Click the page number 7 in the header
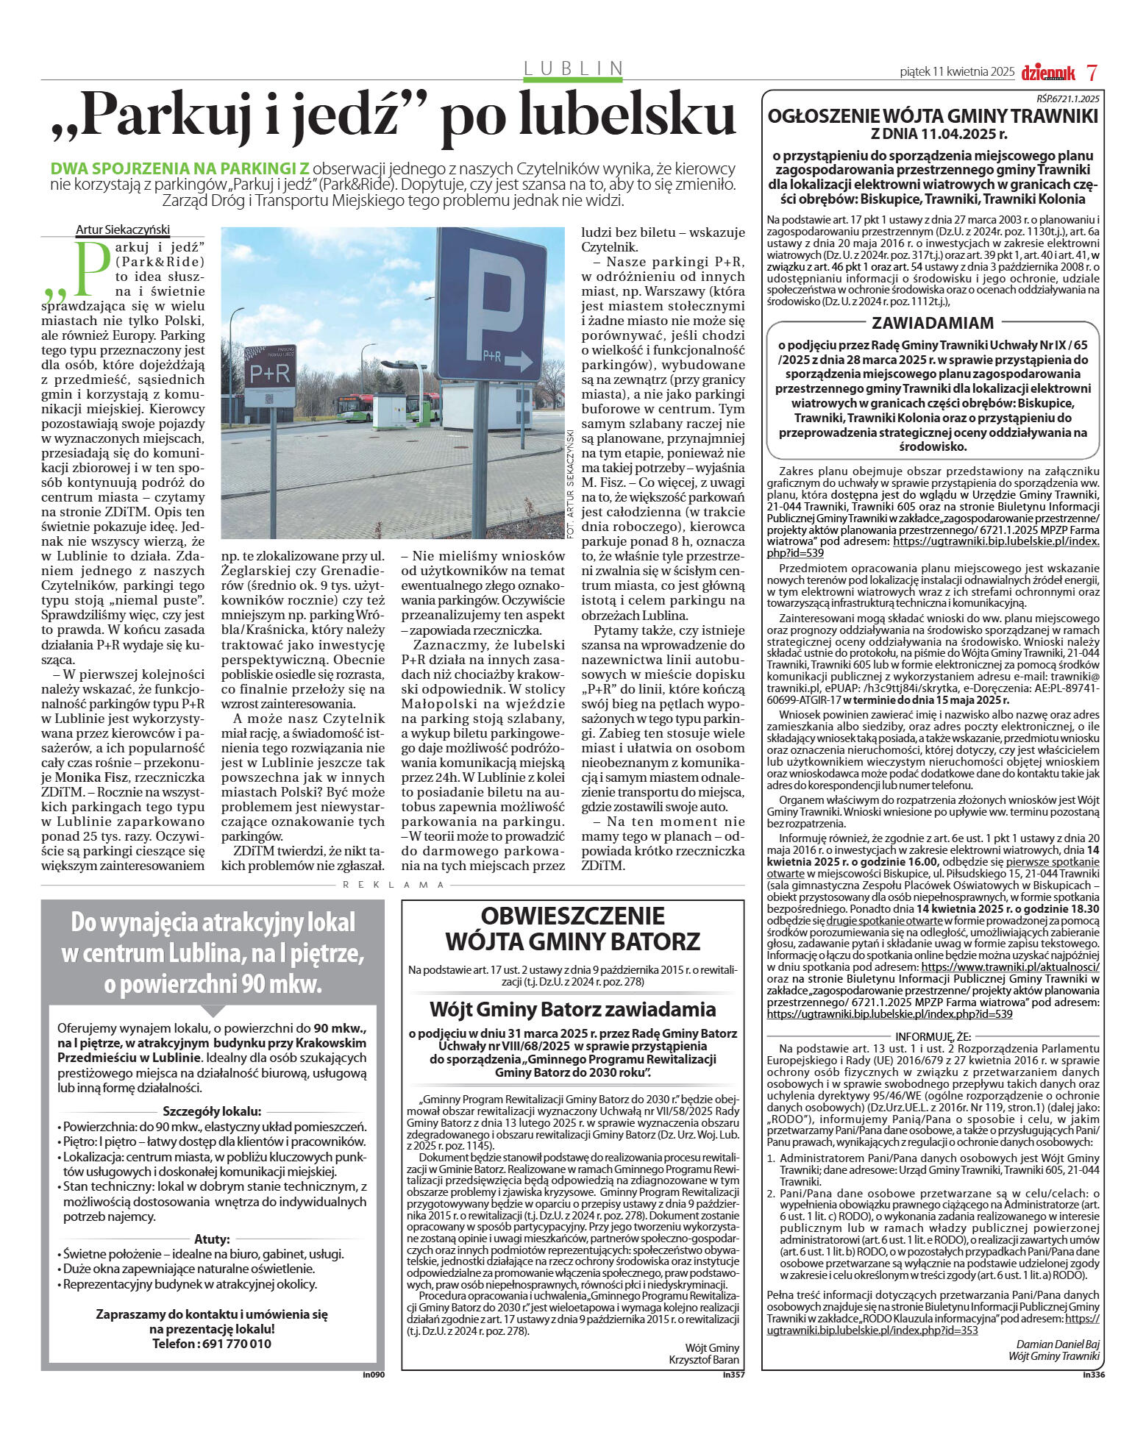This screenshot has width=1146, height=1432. [1092, 72]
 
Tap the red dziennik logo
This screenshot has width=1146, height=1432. [1047, 72]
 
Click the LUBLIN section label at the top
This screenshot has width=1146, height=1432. [573, 68]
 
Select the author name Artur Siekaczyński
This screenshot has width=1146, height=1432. [123, 229]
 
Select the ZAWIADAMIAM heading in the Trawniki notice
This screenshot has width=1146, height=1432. [933, 323]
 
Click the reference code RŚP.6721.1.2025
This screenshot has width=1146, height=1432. [1063, 99]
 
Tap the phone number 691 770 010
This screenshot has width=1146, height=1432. [212, 1344]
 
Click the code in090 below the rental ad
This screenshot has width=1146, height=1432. [374, 1373]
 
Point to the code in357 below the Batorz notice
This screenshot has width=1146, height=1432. [733, 1373]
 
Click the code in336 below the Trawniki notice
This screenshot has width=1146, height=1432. [1094, 1373]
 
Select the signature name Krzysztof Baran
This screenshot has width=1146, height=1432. [704, 1359]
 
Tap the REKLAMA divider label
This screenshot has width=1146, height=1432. [394, 885]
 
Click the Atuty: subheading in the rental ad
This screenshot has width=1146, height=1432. [212, 1239]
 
